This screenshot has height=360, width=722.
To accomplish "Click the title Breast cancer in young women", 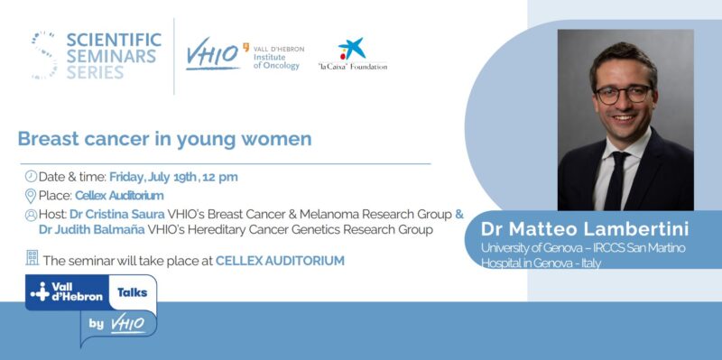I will click(x=164, y=139).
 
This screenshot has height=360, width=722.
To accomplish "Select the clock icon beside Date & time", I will click(x=30, y=176).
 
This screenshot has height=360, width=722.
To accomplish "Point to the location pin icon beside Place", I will click(x=30, y=195).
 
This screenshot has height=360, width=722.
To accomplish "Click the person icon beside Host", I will click(x=31, y=215).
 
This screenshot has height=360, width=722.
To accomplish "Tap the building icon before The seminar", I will click(x=32, y=259).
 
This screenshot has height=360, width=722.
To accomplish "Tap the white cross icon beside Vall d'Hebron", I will click(x=40, y=292).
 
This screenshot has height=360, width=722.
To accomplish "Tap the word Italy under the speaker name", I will click(x=588, y=263).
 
